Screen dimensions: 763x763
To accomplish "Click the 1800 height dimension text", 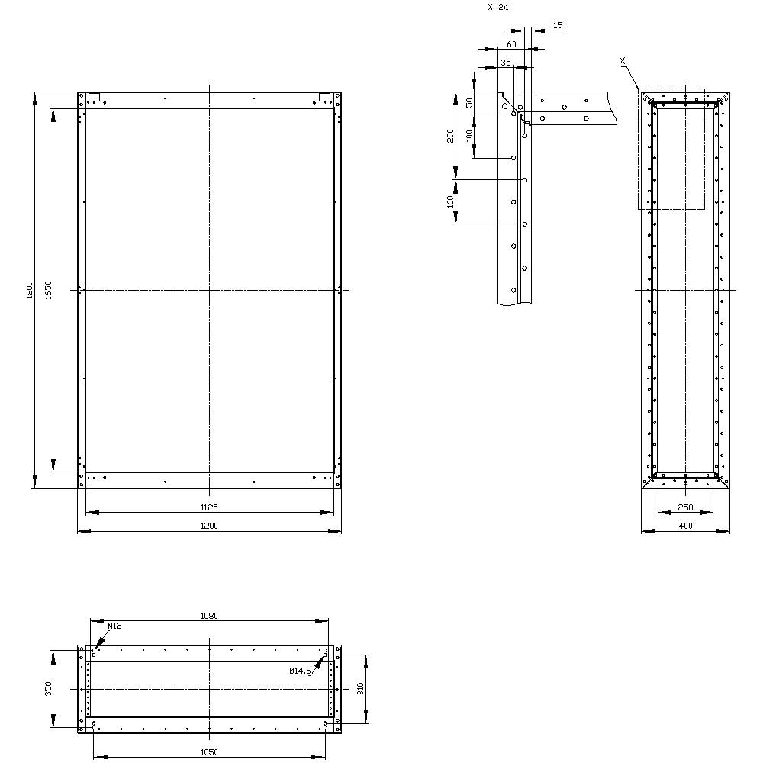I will [x=29, y=290].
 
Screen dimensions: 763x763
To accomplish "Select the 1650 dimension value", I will [x=47, y=289].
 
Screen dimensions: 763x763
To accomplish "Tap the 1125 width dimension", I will [x=209, y=507].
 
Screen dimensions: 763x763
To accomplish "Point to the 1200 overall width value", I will [x=209, y=526].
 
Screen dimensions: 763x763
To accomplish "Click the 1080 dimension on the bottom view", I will [x=208, y=616].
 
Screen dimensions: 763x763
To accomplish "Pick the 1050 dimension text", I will [x=208, y=752].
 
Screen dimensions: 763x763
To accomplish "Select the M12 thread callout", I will [x=114, y=626].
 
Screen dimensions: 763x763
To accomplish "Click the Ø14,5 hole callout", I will [x=300, y=671].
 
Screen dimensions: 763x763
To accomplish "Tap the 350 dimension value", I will [x=48, y=689].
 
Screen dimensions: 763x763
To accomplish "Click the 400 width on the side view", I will [x=685, y=526].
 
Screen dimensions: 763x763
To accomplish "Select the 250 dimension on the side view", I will [x=685, y=507].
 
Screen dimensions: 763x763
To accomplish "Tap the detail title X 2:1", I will [x=498, y=7].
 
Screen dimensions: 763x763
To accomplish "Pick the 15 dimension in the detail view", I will [x=558, y=26].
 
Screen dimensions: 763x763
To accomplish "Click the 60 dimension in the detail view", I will [x=511, y=44].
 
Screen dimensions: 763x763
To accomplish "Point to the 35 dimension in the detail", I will [x=505, y=62].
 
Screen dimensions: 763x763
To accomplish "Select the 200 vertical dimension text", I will [x=451, y=135].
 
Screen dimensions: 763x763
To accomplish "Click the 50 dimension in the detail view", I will [x=469, y=102].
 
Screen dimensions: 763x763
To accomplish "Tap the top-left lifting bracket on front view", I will [x=95, y=98].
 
